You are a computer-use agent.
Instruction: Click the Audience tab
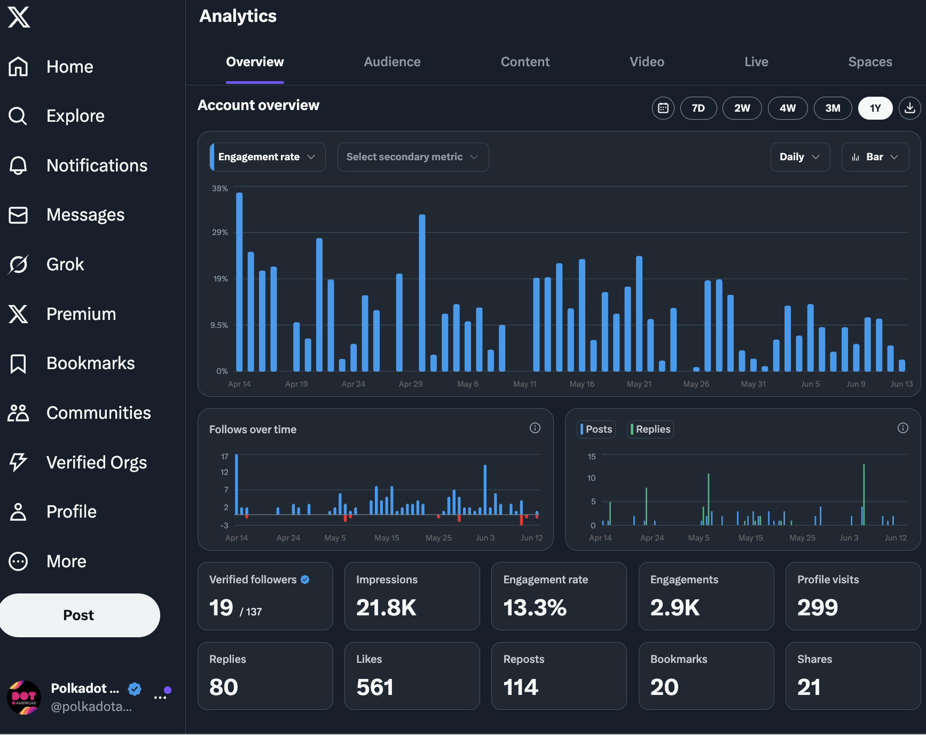[x=392, y=62]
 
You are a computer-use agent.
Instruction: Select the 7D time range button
[x=698, y=108]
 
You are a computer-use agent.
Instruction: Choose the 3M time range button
[x=833, y=108]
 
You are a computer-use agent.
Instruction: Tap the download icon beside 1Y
[x=910, y=108]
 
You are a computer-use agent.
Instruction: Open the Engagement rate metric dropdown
[x=268, y=157]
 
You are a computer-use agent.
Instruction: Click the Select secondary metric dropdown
[x=413, y=157]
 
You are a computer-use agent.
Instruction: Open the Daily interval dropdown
[x=799, y=157]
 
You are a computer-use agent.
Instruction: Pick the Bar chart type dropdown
[x=875, y=157]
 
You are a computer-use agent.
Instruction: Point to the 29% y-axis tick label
[x=220, y=232]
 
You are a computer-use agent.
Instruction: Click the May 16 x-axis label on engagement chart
[x=582, y=384]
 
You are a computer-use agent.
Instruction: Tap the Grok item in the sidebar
[x=65, y=264]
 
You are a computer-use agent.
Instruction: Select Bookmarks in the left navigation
[x=90, y=363]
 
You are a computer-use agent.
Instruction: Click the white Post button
[x=79, y=615]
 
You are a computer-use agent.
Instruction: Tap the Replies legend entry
[x=650, y=429]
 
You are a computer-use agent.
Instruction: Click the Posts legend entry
[x=597, y=429]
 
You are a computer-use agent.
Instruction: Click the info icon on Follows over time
[x=535, y=428]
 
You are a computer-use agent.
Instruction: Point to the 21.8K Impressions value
[x=386, y=607]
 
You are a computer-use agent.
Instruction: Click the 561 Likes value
[x=375, y=687]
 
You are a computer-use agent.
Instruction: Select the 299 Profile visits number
[x=818, y=607]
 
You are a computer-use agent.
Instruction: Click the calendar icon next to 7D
[x=663, y=108]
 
